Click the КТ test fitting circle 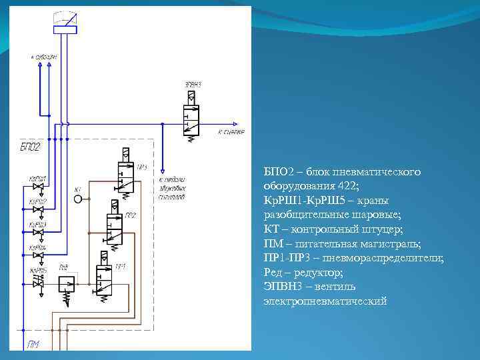pyautogui.click(x=78, y=199)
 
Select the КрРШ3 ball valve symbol pyautogui.click(x=38, y=232)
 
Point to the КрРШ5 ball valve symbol pyautogui.click(x=38, y=284)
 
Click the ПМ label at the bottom pyautogui.click(x=34, y=344)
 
